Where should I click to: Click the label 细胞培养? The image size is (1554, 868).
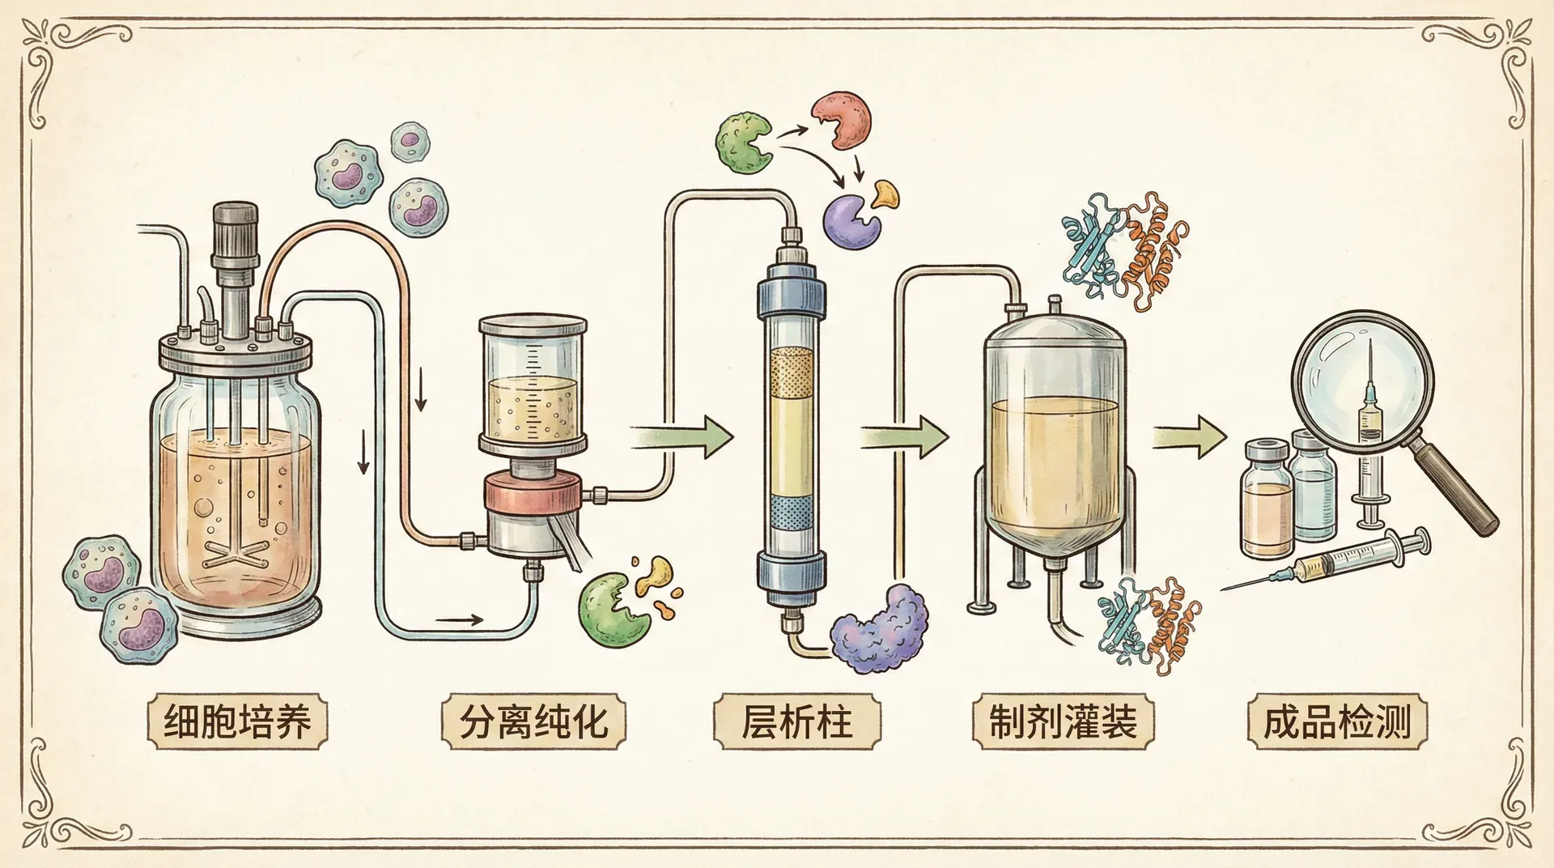pos(237,721)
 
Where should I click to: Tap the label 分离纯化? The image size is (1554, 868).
pos(533,721)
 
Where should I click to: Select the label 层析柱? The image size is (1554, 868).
pos(796,721)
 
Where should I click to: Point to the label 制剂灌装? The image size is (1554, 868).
pos(1063,721)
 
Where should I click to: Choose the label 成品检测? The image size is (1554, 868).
pos(1337,721)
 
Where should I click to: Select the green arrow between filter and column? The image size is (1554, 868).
pos(681,437)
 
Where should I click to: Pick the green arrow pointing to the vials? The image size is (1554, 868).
pos(1190,437)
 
